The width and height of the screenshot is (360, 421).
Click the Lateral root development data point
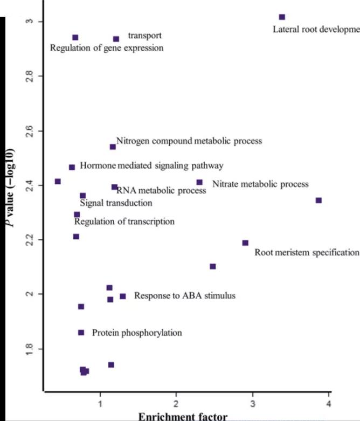(282, 17)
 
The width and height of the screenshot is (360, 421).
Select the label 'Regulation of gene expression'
(107, 48)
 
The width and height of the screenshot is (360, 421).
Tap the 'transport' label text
(144, 36)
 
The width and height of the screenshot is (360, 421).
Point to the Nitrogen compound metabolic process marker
(113, 147)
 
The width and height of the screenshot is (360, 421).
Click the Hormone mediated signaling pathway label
(151, 165)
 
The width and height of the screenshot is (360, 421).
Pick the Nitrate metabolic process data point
(199, 183)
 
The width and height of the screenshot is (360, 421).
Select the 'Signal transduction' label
(116, 203)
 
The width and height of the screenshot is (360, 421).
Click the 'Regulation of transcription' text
(124, 222)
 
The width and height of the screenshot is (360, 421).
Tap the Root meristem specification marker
(245, 243)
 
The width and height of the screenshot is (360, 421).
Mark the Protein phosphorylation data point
(81, 333)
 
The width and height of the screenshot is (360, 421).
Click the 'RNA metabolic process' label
(161, 190)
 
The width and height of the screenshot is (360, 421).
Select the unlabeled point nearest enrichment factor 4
(319, 201)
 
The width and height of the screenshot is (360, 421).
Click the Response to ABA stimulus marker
(123, 296)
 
